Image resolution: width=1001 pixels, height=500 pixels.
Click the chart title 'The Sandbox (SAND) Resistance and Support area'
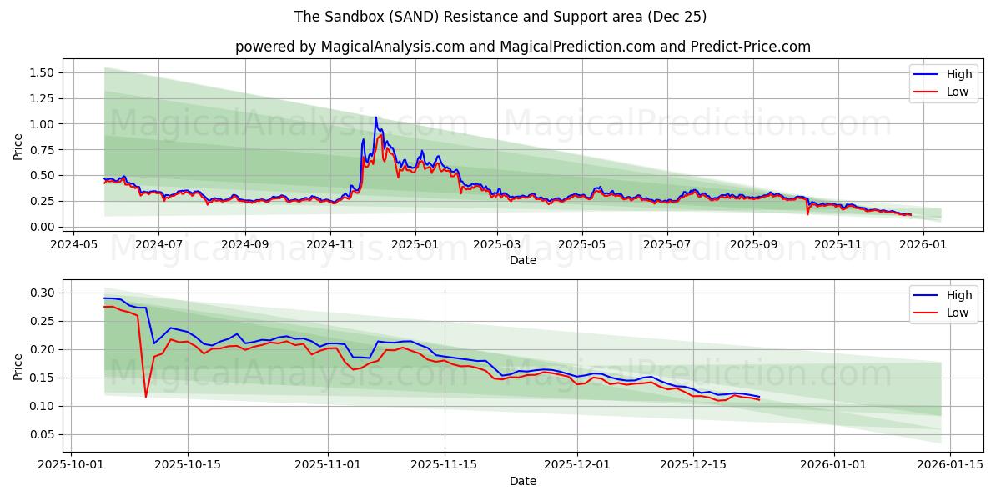click(x=500, y=17)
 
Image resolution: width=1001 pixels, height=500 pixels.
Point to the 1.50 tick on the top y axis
click(x=41, y=73)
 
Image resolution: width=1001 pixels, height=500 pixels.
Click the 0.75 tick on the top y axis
click(x=41, y=150)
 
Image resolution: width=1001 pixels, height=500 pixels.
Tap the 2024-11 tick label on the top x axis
click(x=329, y=245)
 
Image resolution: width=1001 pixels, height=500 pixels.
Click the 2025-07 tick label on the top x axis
click(x=666, y=245)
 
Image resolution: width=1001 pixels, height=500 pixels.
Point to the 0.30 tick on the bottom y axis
click(x=41, y=293)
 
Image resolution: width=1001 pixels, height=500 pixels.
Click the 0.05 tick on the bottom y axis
click(x=41, y=435)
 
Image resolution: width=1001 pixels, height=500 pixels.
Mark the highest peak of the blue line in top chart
click(x=375, y=117)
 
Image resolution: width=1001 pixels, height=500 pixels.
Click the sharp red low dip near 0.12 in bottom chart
click(x=146, y=396)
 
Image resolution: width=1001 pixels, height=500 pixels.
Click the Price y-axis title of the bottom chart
click(x=18, y=366)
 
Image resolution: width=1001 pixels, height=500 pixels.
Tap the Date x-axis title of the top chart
click(x=522, y=260)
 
